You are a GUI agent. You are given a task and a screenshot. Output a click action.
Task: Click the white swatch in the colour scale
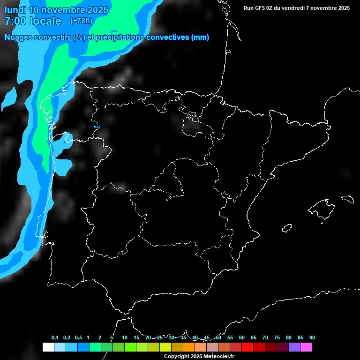click(x=48, y=347)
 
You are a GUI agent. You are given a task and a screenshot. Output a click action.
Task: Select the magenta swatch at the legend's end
click(x=306, y=347)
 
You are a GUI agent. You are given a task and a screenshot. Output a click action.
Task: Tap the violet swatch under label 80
click(x=294, y=347)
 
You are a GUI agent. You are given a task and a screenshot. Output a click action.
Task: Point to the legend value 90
click(x=312, y=337)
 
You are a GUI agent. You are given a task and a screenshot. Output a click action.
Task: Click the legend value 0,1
click(x=55, y=337)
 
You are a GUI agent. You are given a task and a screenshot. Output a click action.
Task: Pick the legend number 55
click(x=230, y=337)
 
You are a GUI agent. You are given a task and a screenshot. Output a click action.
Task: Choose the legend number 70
click(x=265, y=337)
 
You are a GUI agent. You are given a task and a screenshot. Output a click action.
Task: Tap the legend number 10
click(x=125, y=337)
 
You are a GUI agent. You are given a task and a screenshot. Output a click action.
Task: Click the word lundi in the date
click(x=15, y=10)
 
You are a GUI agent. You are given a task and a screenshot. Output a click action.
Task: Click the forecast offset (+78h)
click(x=81, y=21)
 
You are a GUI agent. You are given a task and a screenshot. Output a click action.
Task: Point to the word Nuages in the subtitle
click(x=19, y=37)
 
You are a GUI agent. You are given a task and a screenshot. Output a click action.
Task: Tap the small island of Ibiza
click(x=287, y=228)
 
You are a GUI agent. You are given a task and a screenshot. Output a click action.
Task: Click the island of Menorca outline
click(x=348, y=198)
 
